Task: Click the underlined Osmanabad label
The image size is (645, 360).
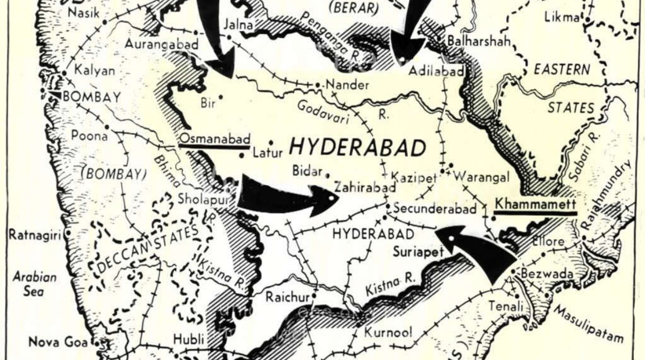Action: pyautogui.click(x=214, y=138)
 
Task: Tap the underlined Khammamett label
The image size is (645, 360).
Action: pyautogui.click(x=535, y=205)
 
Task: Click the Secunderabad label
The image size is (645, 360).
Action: pyautogui.click(x=434, y=208)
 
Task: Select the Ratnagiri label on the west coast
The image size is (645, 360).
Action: pyautogui.click(x=35, y=234)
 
